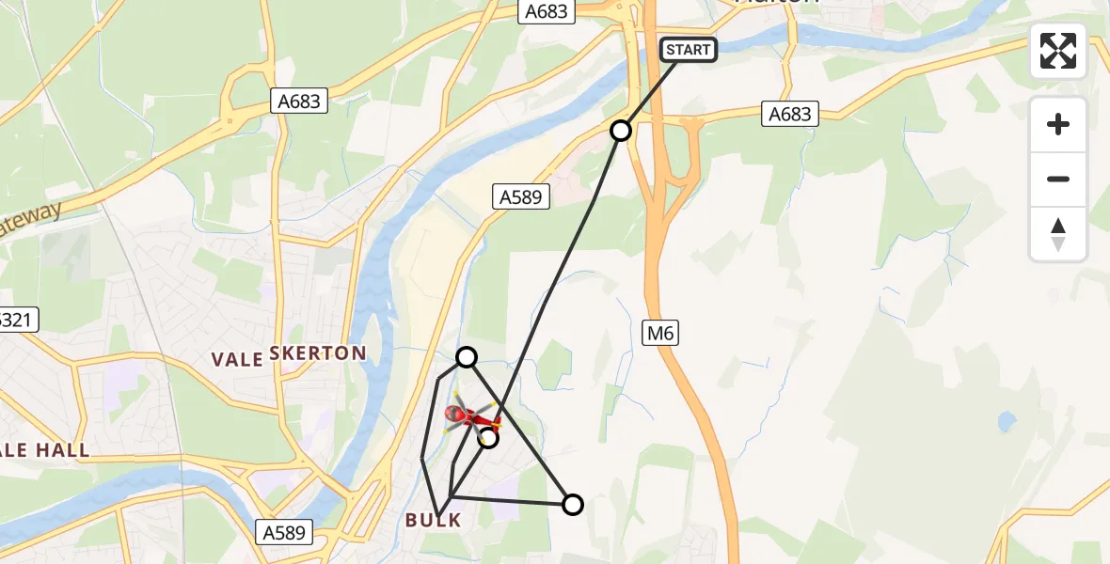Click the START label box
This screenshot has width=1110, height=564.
tap(689, 50)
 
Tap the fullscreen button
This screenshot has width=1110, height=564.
tap(1058, 51)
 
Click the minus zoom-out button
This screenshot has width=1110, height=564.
tap(1058, 180)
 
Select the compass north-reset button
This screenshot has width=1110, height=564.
tap(1058, 233)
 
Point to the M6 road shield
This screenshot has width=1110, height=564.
tap(661, 333)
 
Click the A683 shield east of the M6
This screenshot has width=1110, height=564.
tap(789, 114)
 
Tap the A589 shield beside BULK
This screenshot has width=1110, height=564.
tap(282, 532)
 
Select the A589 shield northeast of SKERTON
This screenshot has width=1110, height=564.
tap(518, 196)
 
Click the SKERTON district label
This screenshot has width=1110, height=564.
tap(318, 353)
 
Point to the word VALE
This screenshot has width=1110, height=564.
tap(236, 358)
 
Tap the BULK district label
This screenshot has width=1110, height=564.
tap(434, 520)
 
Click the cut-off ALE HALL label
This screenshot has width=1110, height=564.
tap(44, 450)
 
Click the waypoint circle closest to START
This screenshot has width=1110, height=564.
tap(621, 130)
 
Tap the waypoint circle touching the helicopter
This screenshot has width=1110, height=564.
tap(488, 437)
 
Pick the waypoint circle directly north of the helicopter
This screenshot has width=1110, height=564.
tap(467, 356)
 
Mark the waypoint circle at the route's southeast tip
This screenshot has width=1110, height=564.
tap(572, 505)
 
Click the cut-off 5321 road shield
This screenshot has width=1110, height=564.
tap(17, 320)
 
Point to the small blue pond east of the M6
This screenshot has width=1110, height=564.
tap(1007, 420)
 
